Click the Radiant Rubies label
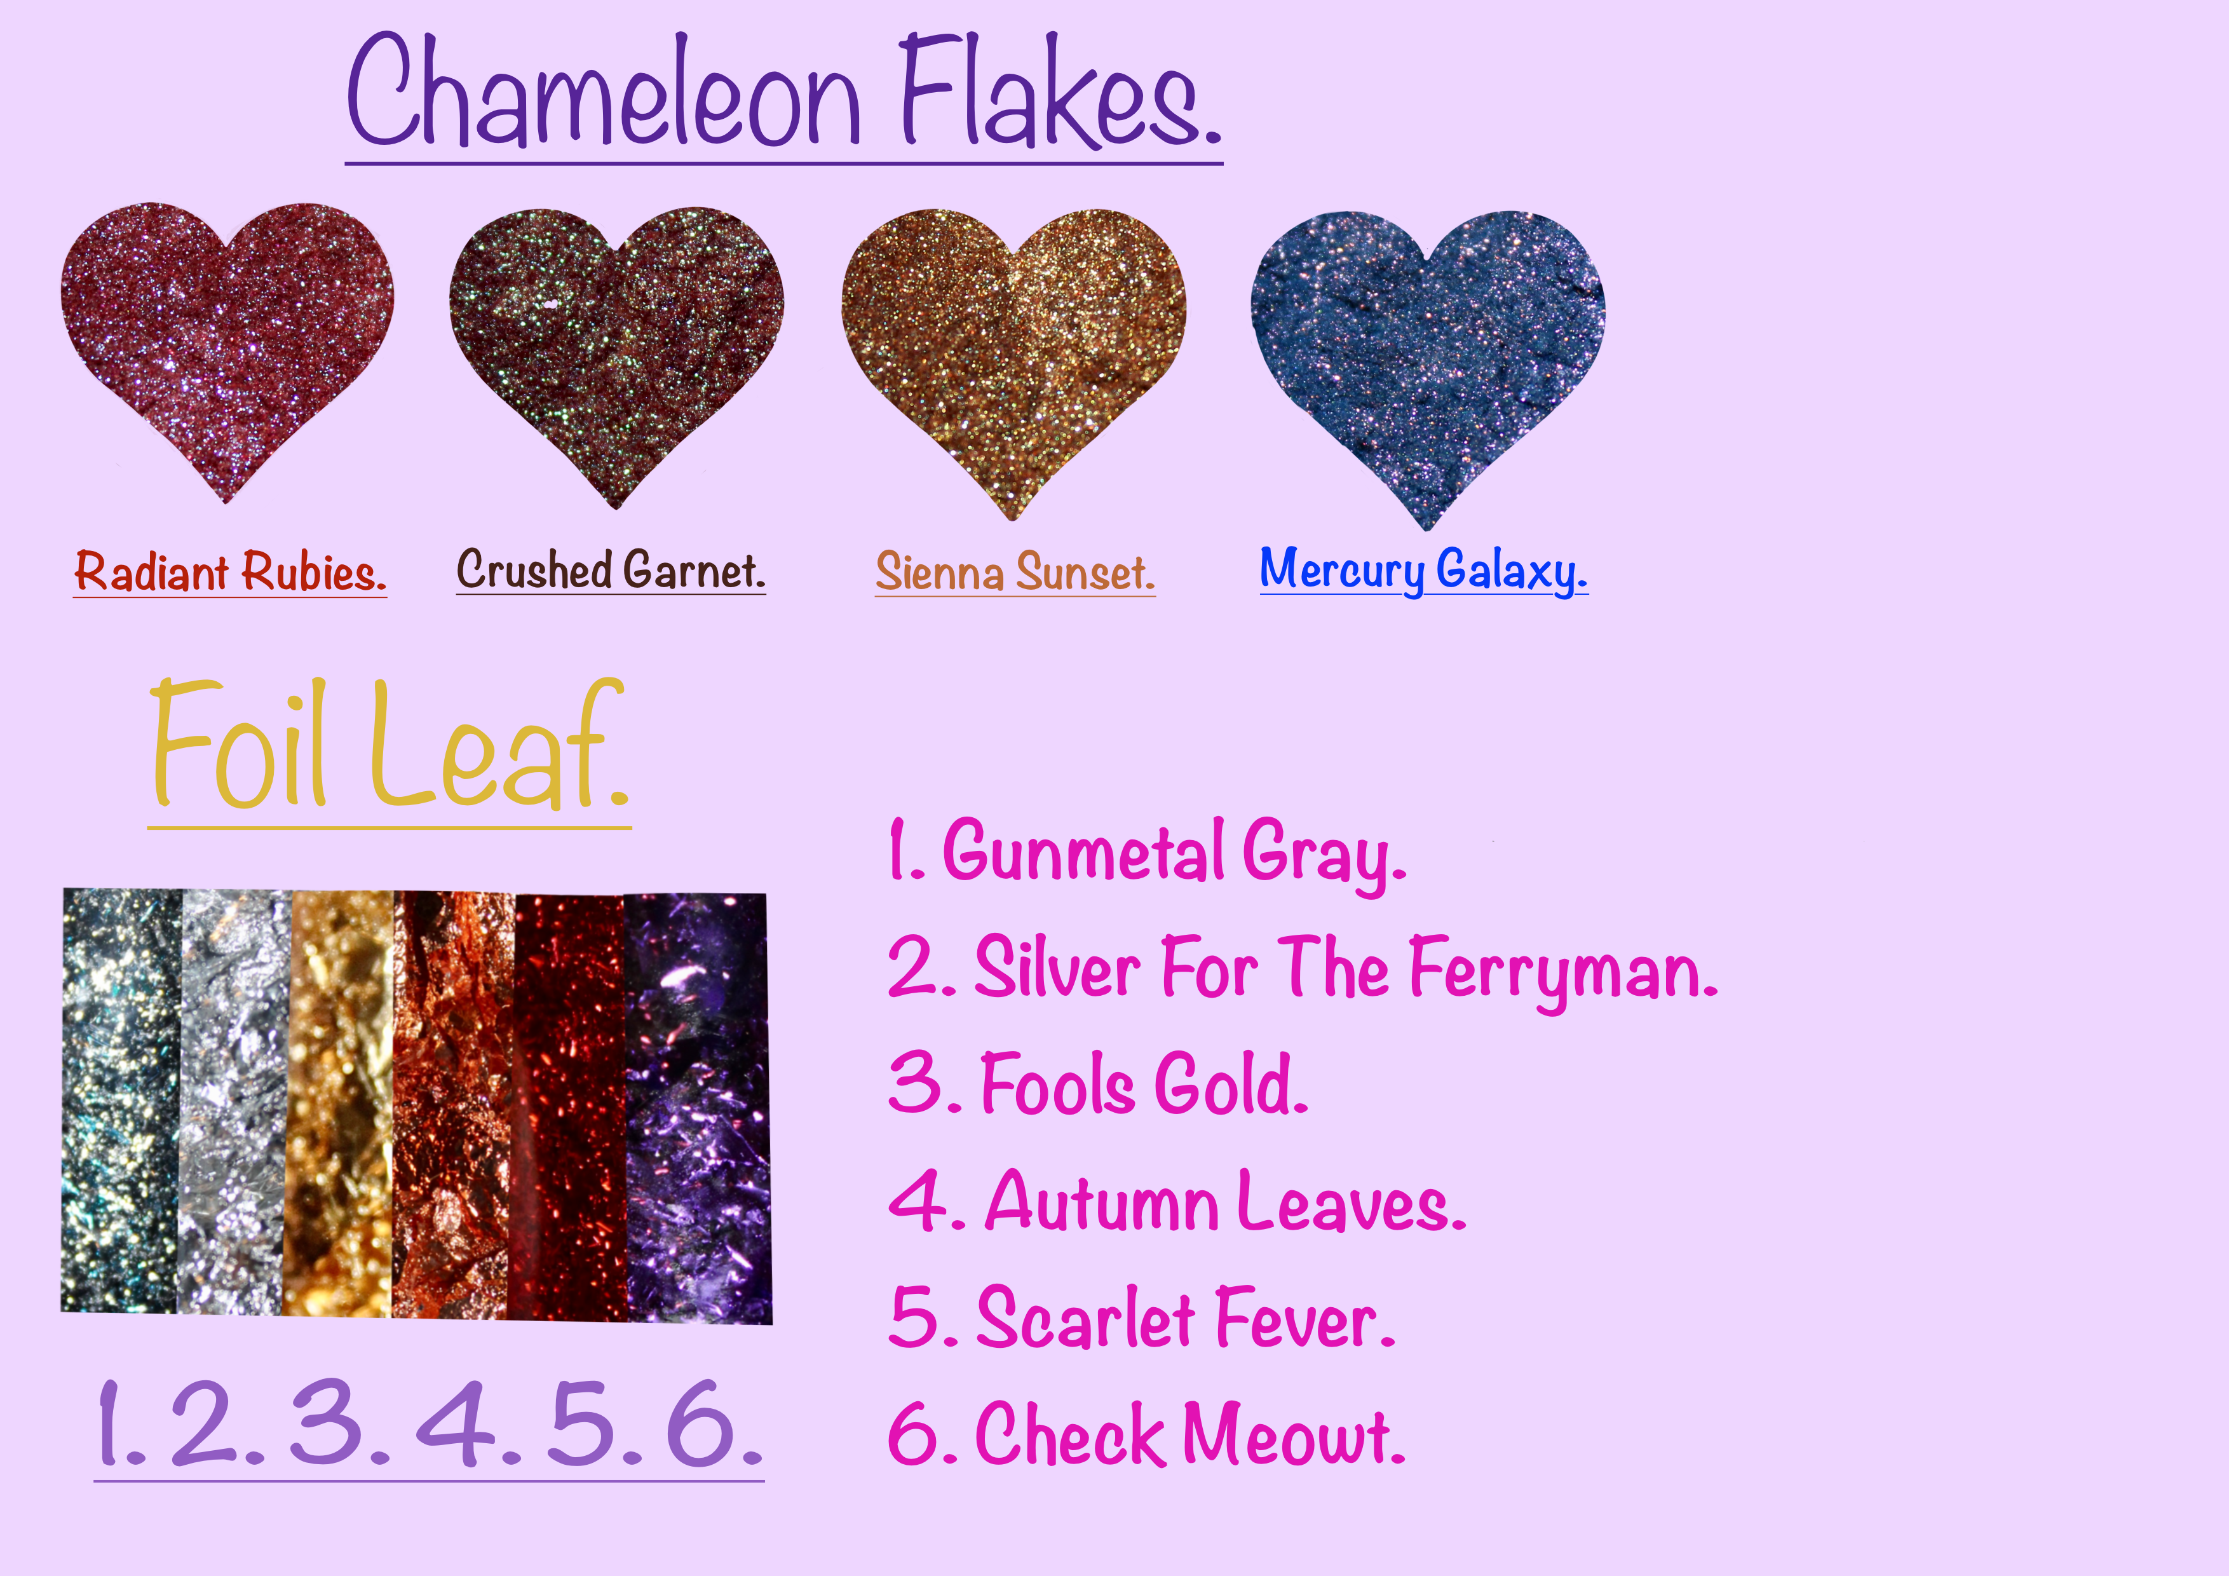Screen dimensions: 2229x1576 point(230,571)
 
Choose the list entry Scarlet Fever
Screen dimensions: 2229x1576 point(1142,1319)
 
